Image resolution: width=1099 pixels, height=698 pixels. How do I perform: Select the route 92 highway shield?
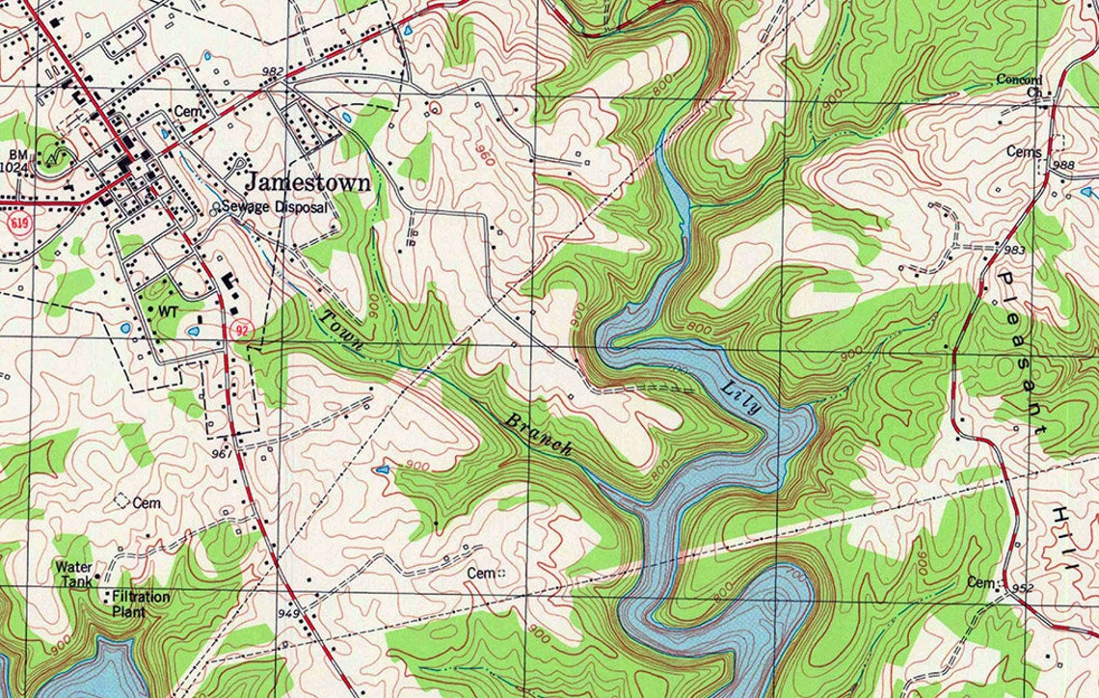pyautogui.click(x=243, y=330)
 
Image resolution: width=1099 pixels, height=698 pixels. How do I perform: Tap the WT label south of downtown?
pyautogui.click(x=170, y=311)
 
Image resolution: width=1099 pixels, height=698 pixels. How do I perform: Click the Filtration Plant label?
pyautogui.click(x=141, y=604)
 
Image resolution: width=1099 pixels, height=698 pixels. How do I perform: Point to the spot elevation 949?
pyautogui.click(x=286, y=613)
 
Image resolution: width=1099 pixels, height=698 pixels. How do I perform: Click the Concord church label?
pyautogui.click(x=1019, y=79)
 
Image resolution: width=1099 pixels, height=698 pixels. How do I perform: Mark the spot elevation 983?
pyautogui.click(x=1013, y=250)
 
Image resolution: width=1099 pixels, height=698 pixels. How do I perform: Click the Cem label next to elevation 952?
pyautogui.click(x=979, y=583)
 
